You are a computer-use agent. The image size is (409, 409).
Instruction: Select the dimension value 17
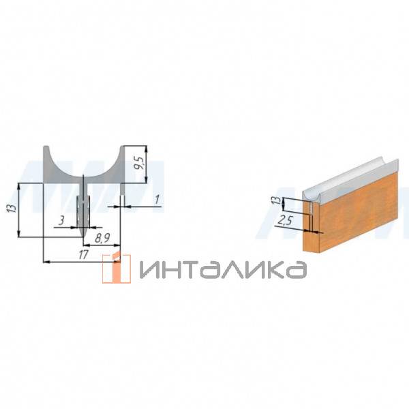pyautogui.click(x=83, y=254)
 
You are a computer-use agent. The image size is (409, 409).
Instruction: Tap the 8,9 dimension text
pyautogui.click(x=102, y=239)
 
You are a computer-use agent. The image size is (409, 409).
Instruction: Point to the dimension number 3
pyautogui.click(x=61, y=221)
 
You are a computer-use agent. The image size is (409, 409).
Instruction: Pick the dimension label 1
pyautogui.click(x=157, y=200)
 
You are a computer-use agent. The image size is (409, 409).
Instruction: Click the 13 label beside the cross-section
pyautogui.click(x=12, y=208)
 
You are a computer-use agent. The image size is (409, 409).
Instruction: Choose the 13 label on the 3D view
pyautogui.click(x=278, y=200)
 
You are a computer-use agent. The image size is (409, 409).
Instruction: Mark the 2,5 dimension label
pyautogui.click(x=284, y=222)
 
